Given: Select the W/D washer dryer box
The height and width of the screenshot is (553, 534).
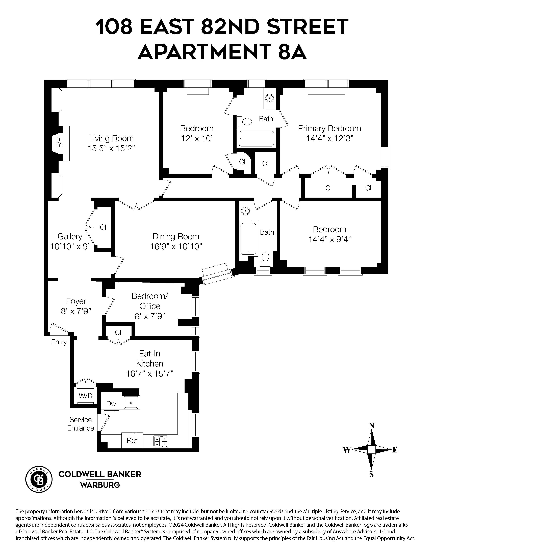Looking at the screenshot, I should (x=85, y=396).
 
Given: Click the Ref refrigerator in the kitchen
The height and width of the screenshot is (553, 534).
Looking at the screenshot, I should (x=132, y=441).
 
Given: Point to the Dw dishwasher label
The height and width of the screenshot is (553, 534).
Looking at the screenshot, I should (x=111, y=404).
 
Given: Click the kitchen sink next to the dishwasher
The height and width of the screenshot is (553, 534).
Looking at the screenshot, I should (x=131, y=403).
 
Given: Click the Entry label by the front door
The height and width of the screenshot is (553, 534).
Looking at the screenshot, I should (x=59, y=342).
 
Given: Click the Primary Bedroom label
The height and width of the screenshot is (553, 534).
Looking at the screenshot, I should (x=329, y=129).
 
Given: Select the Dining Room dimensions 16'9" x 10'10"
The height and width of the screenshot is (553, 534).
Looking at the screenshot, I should (x=176, y=247).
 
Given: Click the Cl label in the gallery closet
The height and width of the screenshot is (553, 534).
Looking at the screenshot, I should (x=103, y=227).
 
